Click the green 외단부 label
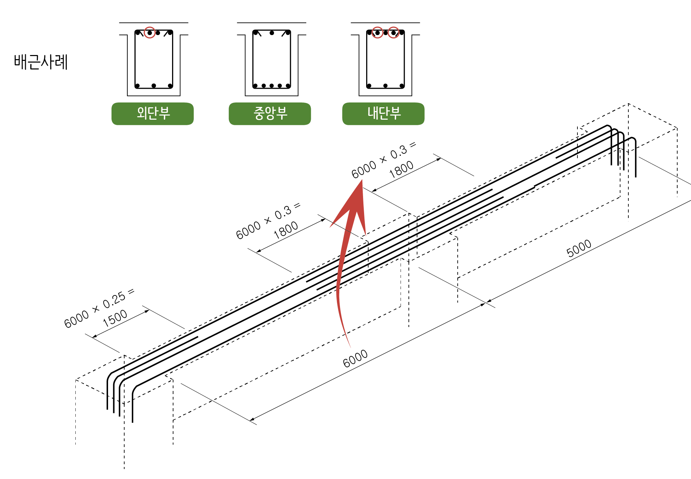point(152,113)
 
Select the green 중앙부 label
point(270,113)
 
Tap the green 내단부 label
point(383,113)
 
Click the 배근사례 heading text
point(41,62)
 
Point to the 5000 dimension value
point(579,248)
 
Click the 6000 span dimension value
point(355,358)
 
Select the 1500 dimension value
point(115,318)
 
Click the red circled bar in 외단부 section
point(149,33)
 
